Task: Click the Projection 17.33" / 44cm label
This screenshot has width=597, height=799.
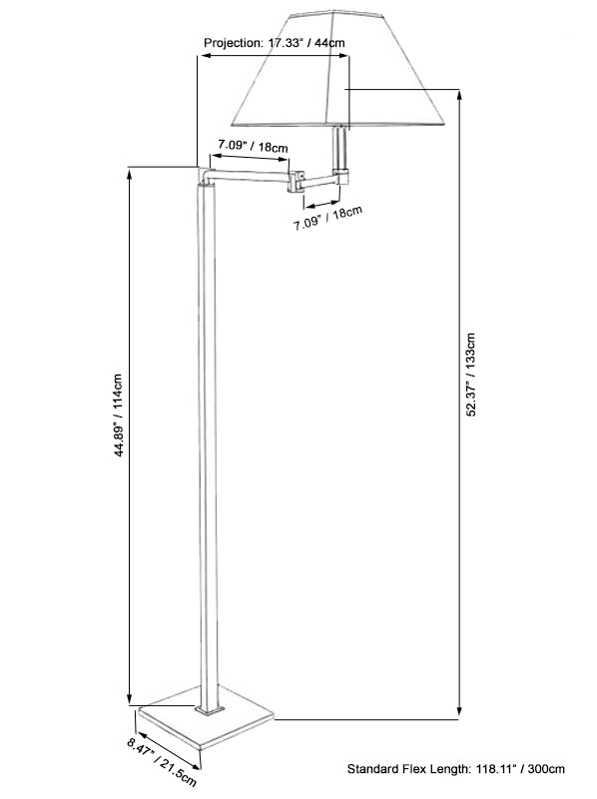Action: pos(275,43)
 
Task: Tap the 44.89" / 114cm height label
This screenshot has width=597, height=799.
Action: pos(118,414)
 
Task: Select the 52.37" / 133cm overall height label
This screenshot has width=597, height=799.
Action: pos(471,375)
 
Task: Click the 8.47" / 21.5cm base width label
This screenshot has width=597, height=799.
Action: pos(162,762)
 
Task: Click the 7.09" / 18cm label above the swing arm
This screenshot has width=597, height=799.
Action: pos(253,146)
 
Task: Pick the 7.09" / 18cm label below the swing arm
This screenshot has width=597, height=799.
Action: pos(327,218)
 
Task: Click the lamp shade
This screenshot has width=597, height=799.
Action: pos(337,68)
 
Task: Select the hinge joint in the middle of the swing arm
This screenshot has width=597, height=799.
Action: pos(296,182)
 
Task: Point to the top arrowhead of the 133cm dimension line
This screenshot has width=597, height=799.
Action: pos(459,95)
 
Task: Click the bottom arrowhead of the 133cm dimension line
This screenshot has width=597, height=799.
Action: pos(459,713)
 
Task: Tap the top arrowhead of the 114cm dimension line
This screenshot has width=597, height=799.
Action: pos(130,173)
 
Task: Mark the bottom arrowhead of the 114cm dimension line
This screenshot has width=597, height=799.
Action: pos(130,699)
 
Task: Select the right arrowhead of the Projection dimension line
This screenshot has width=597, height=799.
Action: pos(343,56)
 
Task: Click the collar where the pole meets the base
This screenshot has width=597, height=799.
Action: pos(209,710)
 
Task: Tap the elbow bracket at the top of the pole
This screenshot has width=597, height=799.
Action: pos(206,177)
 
